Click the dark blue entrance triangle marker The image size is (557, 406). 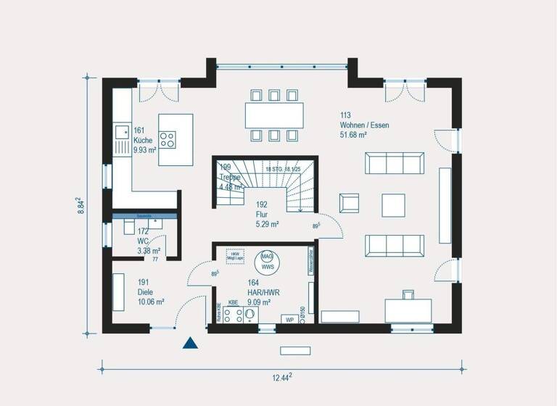pos(190,344)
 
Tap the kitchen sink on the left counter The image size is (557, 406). pos(121,137)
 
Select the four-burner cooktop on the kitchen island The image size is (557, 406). pos(168,138)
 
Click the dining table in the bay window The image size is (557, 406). pos(273,115)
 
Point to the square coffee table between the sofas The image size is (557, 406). pos(395,204)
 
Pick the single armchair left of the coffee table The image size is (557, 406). pos(349,204)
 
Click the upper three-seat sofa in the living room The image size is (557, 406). pos(395,163)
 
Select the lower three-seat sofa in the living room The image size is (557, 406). pos(395,245)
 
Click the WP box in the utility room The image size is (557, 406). pos(289,318)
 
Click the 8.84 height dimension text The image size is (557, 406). pos(81,205)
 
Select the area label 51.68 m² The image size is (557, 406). pos(353,135)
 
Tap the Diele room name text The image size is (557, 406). pos(146,293)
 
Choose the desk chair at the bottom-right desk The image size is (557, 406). pos(408,294)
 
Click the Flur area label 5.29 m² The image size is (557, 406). pos(267,225)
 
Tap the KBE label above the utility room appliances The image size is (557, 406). pos(233,302)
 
